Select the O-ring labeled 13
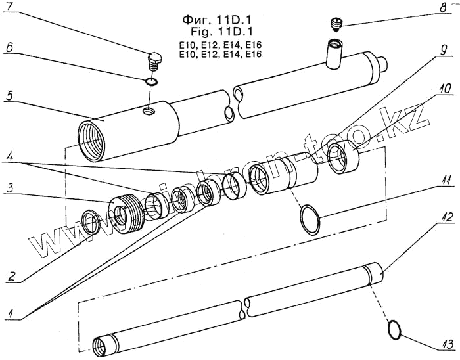coord(395,330)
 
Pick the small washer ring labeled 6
coord(151,82)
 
